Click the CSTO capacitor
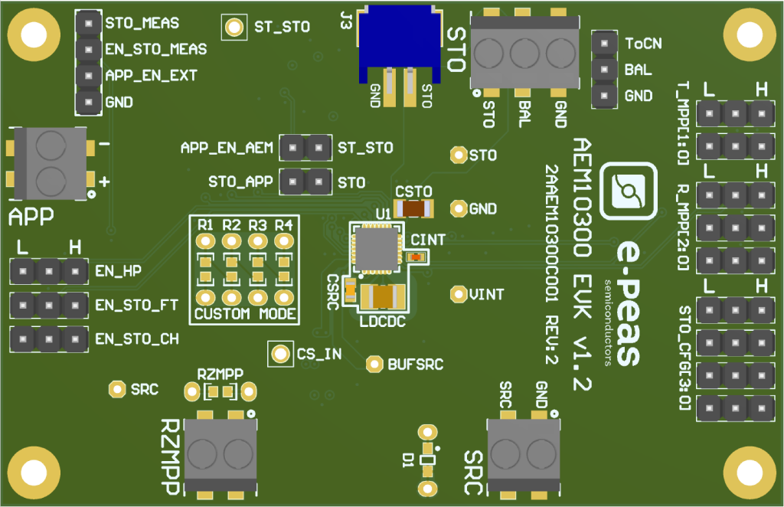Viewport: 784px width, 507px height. pos(414,208)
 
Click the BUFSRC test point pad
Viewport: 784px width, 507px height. pos(375,365)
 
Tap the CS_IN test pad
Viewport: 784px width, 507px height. pos(281,354)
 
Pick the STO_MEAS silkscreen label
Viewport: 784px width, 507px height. pos(142,23)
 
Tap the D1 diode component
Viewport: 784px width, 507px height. pos(428,460)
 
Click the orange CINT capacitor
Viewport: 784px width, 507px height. pos(416,257)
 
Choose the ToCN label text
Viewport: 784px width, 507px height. pos(643,43)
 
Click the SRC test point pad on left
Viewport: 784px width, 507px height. pos(117,389)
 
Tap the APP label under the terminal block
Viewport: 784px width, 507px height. pos(31,216)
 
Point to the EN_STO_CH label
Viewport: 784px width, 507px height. pos(137,338)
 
